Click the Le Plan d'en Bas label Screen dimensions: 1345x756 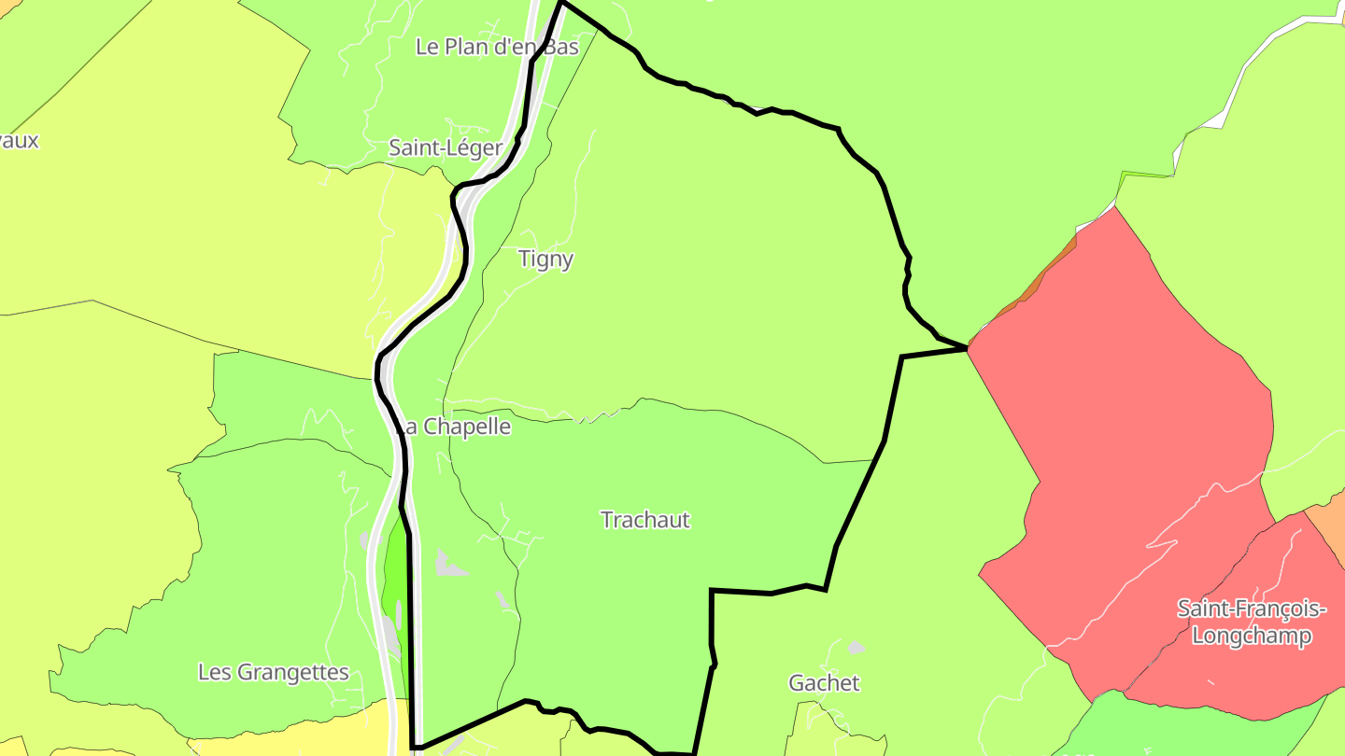[x=497, y=47]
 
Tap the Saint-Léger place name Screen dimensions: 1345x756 [x=446, y=147]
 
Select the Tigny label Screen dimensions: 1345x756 [x=545, y=259]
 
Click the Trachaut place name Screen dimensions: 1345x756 [x=645, y=520]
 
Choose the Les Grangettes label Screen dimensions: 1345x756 [x=274, y=672]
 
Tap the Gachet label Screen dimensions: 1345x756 [x=824, y=683]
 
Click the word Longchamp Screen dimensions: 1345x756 [x=1252, y=637]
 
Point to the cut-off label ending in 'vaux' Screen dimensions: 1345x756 [x=19, y=141]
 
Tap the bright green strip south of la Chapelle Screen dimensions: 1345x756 [x=396, y=569]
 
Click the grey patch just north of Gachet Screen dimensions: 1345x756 [x=855, y=647]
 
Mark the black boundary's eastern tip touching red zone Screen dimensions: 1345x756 [x=966, y=347]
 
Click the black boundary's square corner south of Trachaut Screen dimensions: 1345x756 [x=712, y=591]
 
